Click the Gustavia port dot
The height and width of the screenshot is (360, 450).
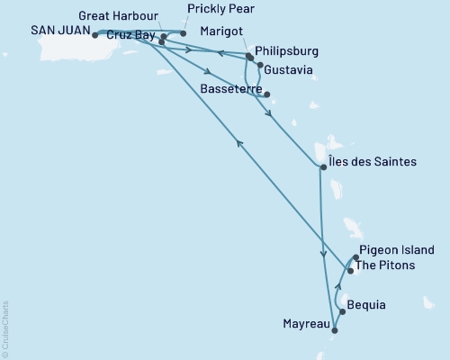pyautogui.click(x=260, y=66)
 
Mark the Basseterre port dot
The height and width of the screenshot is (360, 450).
pyautogui.click(x=267, y=94)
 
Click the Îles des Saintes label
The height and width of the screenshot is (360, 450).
pyautogui.click(x=373, y=162)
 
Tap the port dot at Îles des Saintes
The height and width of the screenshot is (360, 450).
pyautogui.click(x=323, y=166)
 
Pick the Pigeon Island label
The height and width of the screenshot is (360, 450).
pyautogui.click(x=396, y=250)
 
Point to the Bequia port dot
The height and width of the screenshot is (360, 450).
pyautogui.click(x=341, y=313)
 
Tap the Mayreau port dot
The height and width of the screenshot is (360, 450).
pyautogui.click(x=334, y=331)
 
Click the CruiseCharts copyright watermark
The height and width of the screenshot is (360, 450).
pyautogui.click(x=4, y=329)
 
